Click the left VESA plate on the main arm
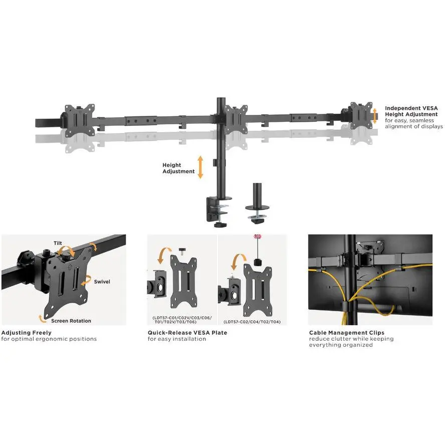80,120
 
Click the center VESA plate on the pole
236,119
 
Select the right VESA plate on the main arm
361,115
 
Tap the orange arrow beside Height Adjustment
200,167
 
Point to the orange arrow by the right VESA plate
375,116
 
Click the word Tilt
58,243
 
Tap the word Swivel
102,282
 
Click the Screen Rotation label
71,321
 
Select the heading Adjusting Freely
27,333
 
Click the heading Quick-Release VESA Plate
187,333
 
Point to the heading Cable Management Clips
346,333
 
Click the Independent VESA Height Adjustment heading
411,111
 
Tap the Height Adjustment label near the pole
178,168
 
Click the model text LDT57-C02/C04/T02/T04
252,322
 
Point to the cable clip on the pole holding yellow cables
347,306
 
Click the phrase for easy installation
177,339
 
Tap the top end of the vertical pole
221,99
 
